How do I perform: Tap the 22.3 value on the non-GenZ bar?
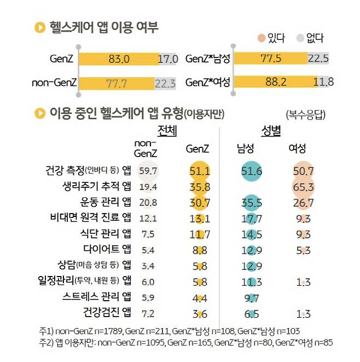165,83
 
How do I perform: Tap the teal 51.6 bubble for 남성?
252,171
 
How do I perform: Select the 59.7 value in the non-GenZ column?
148,171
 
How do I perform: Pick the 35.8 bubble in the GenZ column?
200,187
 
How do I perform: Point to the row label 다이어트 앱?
107,250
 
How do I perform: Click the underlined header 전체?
167,131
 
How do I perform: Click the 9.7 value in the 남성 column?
252,298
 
